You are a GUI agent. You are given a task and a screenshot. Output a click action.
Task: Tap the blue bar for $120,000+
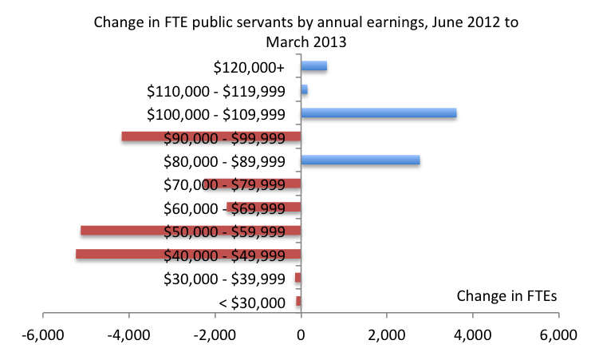[313, 66]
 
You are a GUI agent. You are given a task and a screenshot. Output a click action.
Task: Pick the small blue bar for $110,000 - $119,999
[304, 90]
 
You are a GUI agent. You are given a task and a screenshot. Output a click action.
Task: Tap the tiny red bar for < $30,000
[298, 302]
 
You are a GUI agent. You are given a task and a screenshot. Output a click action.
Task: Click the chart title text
[305, 31]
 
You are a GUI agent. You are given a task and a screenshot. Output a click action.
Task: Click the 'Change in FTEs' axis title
[507, 295]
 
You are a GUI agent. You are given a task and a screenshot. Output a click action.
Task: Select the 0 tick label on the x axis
[301, 336]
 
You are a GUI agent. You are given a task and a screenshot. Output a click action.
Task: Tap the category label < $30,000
[251, 302]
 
